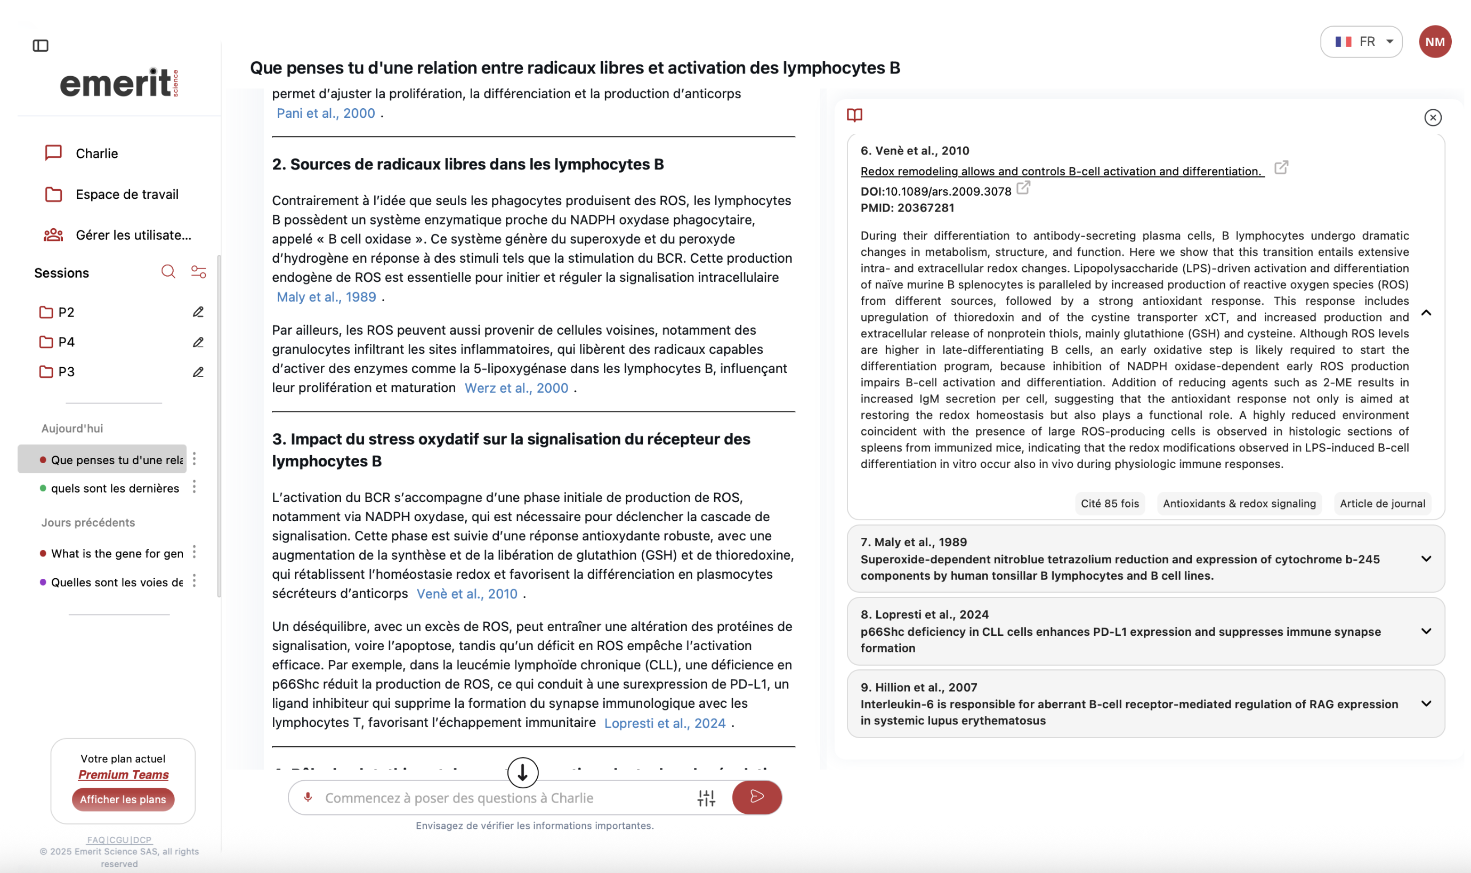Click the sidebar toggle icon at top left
point(41,45)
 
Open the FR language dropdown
point(1361,42)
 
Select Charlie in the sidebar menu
point(96,153)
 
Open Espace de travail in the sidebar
point(126,194)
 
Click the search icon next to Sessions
point(168,272)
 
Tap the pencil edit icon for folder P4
point(198,342)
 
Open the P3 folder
point(66,372)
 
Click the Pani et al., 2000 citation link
point(326,113)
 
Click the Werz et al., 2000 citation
point(516,388)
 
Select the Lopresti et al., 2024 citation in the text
point(665,723)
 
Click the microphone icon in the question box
point(308,797)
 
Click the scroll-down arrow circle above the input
point(522,772)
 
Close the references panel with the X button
point(1432,118)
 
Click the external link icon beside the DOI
point(1023,188)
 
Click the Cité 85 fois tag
point(1109,504)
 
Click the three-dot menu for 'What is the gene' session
point(194,552)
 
